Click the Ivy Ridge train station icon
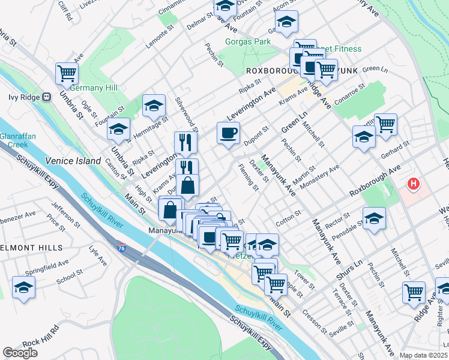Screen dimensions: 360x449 (x=47, y=97)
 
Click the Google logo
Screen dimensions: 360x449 (x=20, y=353)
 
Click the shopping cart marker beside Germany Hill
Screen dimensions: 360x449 (x=67, y=73)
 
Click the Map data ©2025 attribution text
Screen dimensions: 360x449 (x=423, y=355)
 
